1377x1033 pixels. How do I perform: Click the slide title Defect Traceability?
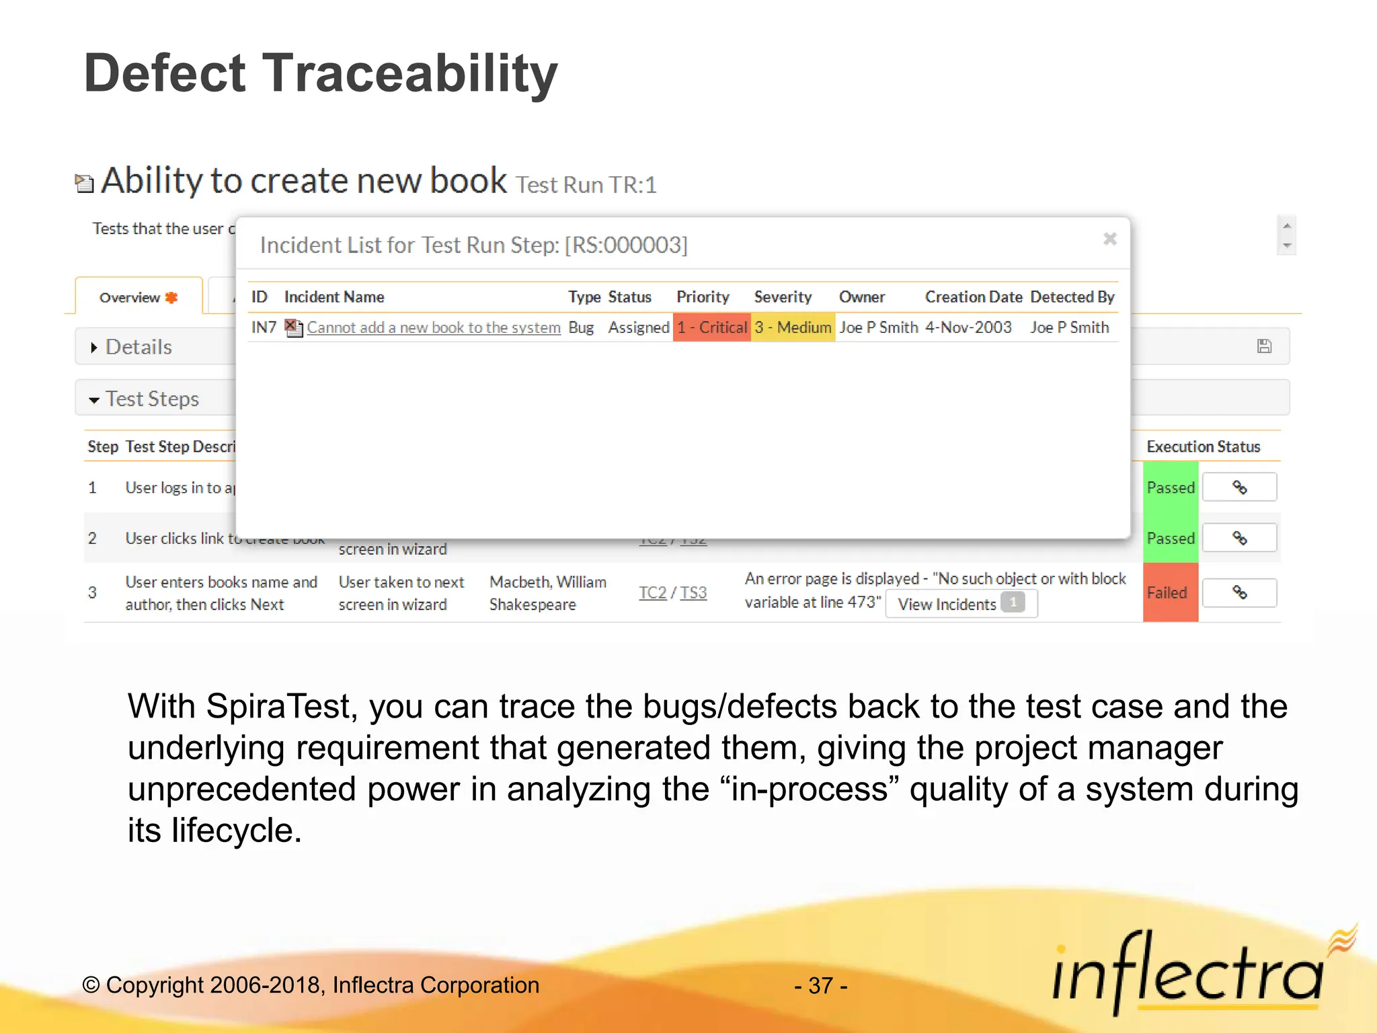click(x=320, y=73)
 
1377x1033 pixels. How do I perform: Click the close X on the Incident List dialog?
click(x=1109, y=239)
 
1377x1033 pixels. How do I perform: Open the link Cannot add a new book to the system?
click(x=433, y=328)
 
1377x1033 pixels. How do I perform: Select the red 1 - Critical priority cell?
click(x=711, y=328)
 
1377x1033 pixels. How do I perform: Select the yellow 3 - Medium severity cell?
click(x=793, y=328)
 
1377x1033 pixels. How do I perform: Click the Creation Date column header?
click(x=973, y=297)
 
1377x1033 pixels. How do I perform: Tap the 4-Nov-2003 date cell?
click(x=968, y=328)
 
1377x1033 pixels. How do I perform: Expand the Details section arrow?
click(x=94, y=347)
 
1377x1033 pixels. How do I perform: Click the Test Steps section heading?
click(x=152, y=399)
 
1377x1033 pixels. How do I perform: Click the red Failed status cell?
click(x=1169, y=592)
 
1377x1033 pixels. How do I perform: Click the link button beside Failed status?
click(x=1238, y=592)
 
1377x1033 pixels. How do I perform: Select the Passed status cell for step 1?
click(x=1170, y=488)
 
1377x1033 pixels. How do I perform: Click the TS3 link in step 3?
click(x=693, y=592)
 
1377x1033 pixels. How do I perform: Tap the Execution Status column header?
click(x=1203, y=447)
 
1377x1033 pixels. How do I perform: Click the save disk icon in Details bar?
click(x=1264, y=346)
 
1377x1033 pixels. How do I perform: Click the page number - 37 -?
click(x=820, y=985)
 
